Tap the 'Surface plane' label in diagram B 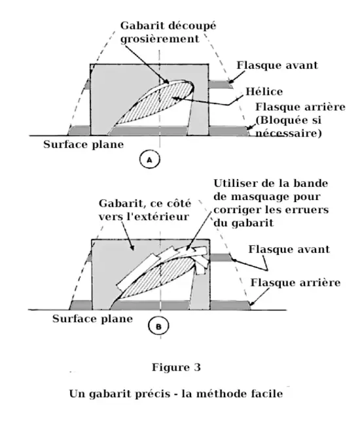[x=92, y=320]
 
